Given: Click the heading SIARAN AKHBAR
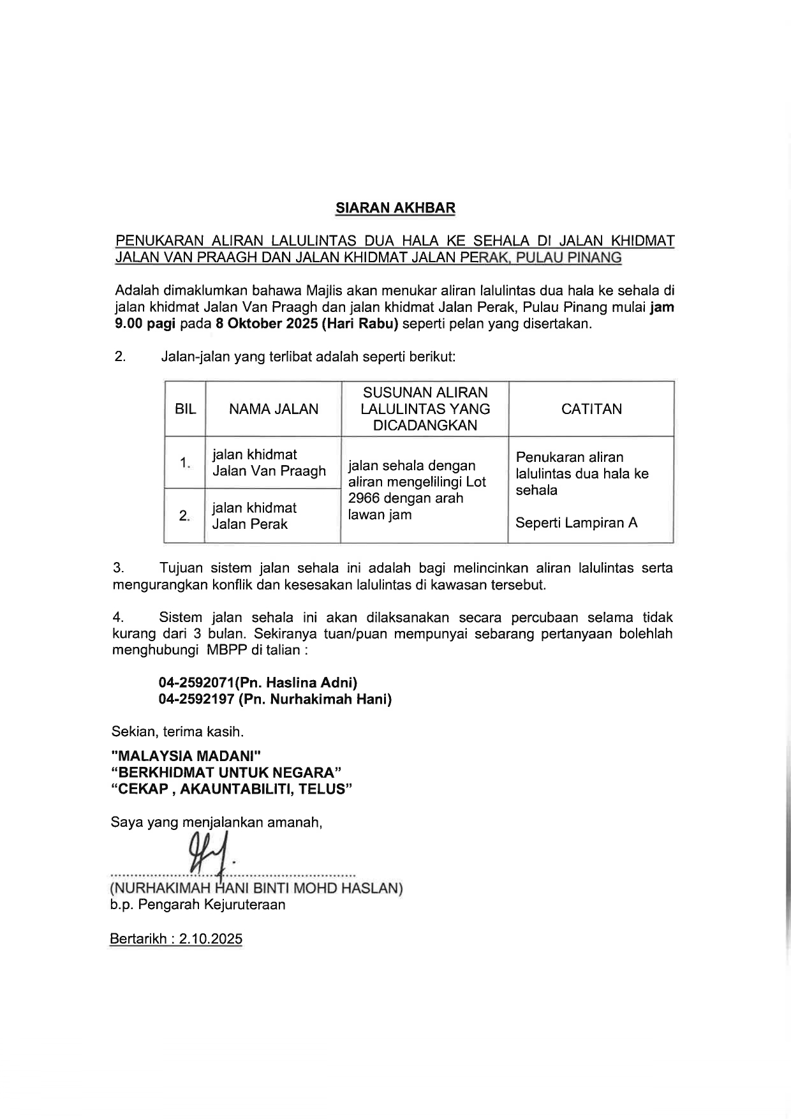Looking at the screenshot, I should pyautogui.click(x=395, y=208).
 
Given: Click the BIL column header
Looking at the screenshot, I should pyautogui.click(x=185, y=409).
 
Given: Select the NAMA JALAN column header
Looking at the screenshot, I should pyautogui.click(x=274, y=409).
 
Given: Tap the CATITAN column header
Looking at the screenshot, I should pyautogui.click(x=591, y=409).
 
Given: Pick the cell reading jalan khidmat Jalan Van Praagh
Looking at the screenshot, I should pyautogui.click(x=269, y=463).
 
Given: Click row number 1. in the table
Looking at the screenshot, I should pyautogui.click(x=185, y=463).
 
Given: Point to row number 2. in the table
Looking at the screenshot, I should pyautogui.click(x=184, y=515).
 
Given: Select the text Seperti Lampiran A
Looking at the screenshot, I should pyautogui.click(x=576, y=523).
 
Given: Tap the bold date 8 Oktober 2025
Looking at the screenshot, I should pyautogui.click(x=267, y=323).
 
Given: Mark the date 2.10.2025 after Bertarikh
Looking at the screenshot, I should pyautogui.click(x=211, y=939).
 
